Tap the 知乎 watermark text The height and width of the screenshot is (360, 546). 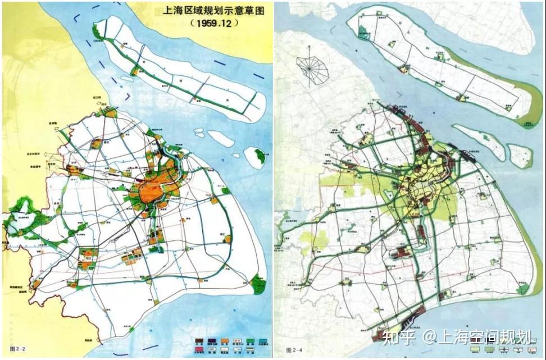click(x=398, y=337)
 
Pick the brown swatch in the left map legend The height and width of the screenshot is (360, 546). click(x=198, y=340)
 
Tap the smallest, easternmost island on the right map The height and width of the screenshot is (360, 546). click(x=519, y=156)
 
